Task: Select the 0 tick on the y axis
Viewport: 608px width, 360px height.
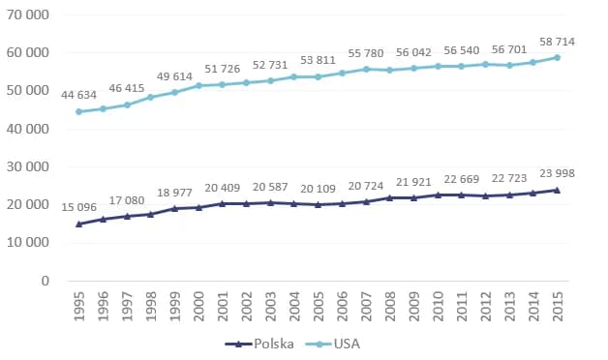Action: pyautogui.click(x=45, y=282)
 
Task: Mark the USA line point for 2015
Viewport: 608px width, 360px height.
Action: pyautogui.click(x=557, y=57)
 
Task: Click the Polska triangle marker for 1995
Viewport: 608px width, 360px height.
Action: pyautogui.click(x=78, y=224)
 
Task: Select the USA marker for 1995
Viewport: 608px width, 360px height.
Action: pyautogui.click(x=78, y=111)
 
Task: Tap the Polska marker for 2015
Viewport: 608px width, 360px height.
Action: pyautogui.click(x=557, y=190)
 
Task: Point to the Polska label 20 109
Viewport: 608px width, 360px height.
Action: pyautogui.click(x=318, y=188)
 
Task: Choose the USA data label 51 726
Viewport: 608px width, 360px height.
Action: pyautogui.click(x=223, y=69)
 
